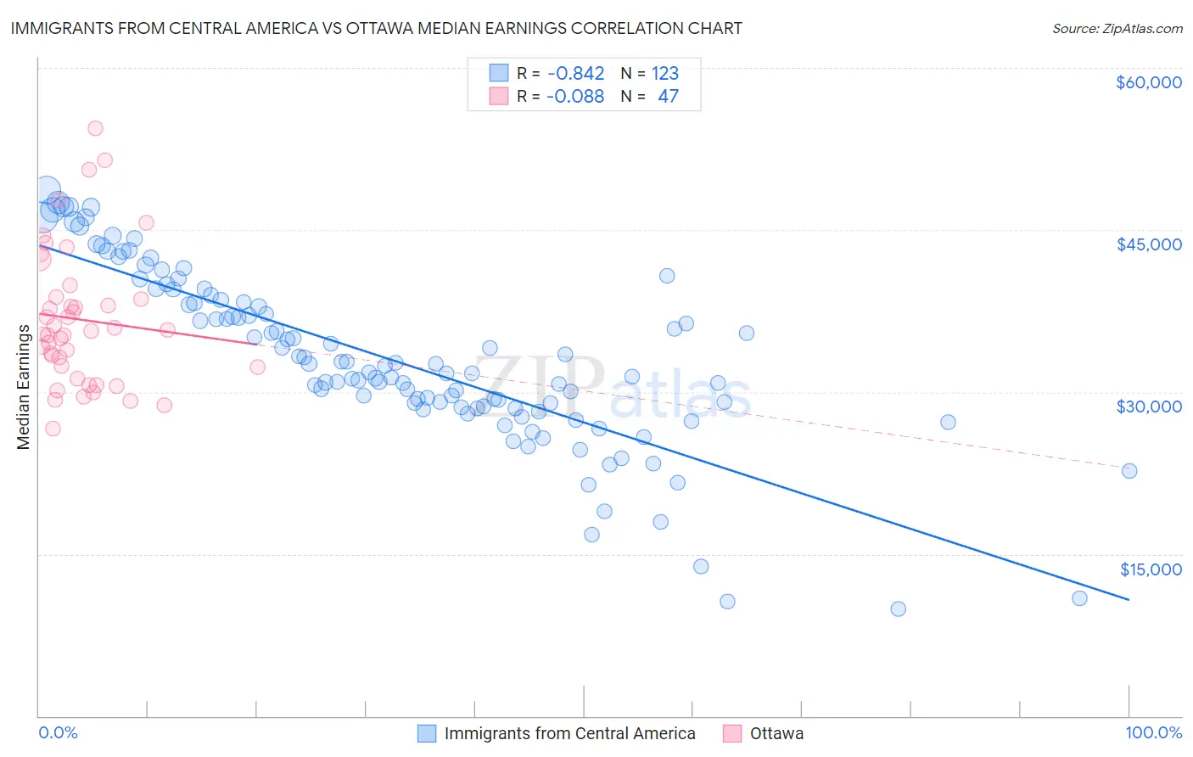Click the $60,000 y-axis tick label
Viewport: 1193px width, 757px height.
(1148, 82)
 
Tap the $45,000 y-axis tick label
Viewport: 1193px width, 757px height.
(1148, 244)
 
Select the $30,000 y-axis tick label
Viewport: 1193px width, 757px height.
(1148, 407)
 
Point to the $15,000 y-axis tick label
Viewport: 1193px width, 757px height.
(1151, 569)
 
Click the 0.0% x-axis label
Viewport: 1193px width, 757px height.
(58, 733)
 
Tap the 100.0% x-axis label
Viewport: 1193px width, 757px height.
(1153, 733)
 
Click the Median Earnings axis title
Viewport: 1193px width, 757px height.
(23, 386)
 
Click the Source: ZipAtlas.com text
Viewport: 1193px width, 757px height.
(1117, 28)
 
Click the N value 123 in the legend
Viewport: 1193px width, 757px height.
(664, 73)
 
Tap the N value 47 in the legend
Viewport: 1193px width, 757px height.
(668, 96)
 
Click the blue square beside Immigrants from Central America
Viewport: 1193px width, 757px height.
(427, 733)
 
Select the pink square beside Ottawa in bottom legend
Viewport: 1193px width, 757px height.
(731, 733)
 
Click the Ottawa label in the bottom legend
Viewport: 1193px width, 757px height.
(776, 733)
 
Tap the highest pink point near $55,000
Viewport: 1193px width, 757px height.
(95, 128)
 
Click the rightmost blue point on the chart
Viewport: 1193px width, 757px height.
(1129, 471)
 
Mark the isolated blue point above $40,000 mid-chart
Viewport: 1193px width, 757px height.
(667, 276)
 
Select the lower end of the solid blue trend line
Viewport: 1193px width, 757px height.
(1129, 599)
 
